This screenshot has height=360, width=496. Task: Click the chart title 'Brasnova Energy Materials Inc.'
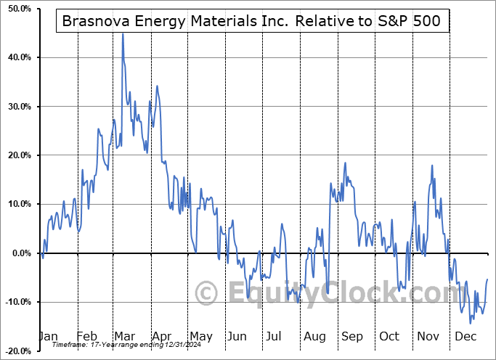[253, 21]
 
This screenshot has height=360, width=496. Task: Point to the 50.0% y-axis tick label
[15, 8]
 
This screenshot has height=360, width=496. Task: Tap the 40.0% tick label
[15, 57]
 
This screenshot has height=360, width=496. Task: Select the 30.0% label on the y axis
[15, 107]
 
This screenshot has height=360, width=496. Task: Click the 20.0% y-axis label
[15, 155]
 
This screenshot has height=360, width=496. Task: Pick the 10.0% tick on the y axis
[15, 204]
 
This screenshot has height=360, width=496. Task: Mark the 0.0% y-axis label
[17, 253]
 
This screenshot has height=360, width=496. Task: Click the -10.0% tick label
[15, 302]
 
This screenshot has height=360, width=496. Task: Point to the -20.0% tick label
[15, 351]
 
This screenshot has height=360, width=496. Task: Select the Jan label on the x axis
[48, 337]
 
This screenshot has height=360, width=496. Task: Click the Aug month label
[314, 337]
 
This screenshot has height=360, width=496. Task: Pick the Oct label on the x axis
[389, 337]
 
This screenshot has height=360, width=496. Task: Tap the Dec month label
[465, 337]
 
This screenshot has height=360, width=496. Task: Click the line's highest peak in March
[122, 34]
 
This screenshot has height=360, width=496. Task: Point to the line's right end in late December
[487, 279]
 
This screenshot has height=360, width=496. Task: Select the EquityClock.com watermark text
[338, 293]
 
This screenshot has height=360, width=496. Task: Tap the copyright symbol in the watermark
[207, 294]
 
